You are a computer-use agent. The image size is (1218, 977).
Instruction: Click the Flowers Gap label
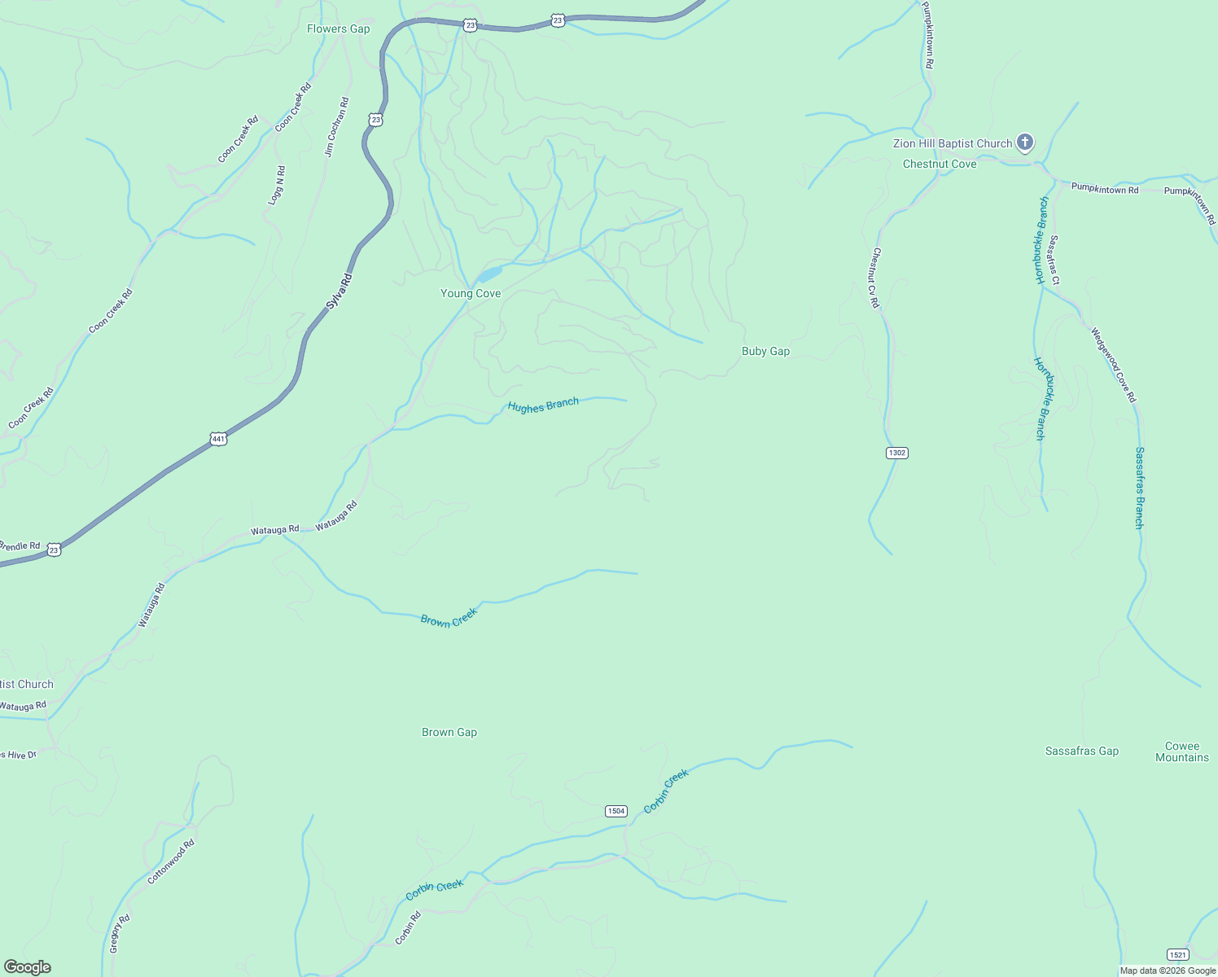(338, 29)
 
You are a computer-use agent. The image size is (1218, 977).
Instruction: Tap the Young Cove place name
(471, 294)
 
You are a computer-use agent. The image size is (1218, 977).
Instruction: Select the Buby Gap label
(765, 352)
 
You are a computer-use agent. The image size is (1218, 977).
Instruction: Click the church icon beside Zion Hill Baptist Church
(1025, 142)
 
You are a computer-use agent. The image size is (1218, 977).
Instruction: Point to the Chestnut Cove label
(940, 164)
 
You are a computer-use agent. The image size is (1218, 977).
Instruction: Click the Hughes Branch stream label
(543, 405)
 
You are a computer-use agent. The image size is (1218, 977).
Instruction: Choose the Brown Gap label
(449, 733)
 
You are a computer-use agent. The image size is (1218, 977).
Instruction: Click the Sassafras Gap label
(1081, 751)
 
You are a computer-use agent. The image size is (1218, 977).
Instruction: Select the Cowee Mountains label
(1182, 752)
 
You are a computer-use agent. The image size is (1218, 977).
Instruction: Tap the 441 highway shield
(218, 439)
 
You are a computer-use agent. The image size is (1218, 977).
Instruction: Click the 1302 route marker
(896, 453)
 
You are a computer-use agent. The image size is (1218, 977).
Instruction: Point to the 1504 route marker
(616, 811)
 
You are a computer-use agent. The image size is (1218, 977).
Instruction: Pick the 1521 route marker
(1176, 954)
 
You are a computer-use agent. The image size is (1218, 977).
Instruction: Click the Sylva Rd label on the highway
(339, 291)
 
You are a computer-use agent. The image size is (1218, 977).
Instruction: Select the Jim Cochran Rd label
(335, 127)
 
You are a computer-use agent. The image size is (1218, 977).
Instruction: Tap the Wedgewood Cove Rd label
(1113, 365)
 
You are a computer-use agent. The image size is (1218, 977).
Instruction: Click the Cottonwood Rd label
(171, 862)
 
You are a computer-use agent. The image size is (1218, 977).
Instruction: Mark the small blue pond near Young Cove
(490, 274)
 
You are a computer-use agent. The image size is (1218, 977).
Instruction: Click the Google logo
(27, 967)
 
